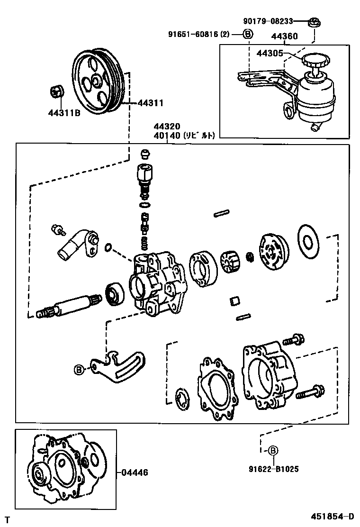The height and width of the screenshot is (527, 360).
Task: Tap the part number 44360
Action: point(284,36)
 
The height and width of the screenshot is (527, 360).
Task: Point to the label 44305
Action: point(270,54)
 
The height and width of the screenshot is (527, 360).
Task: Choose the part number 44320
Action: point(166,127)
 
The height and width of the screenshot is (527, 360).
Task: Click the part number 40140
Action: point(166,135)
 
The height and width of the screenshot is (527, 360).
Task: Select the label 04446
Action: point(135,472)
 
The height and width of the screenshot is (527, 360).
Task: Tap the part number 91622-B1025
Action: point(273,469)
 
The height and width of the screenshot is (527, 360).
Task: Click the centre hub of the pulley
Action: point(98,82)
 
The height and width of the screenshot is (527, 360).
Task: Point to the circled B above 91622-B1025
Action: point(273,451)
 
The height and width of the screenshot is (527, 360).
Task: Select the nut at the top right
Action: point(313,21)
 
